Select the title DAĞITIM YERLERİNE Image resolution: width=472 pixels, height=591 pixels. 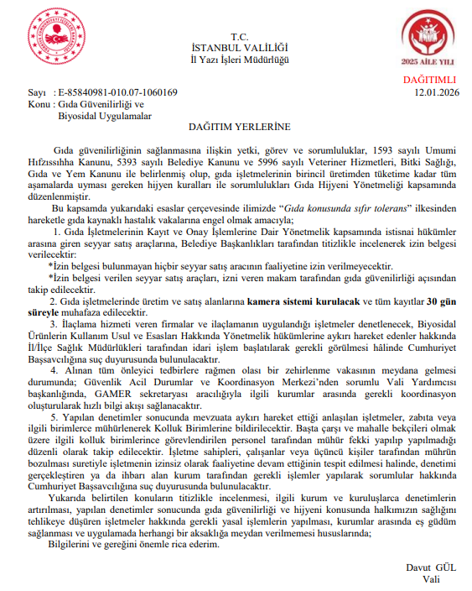pos(239,126)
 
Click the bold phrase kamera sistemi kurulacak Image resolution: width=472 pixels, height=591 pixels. pos(292,300)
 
